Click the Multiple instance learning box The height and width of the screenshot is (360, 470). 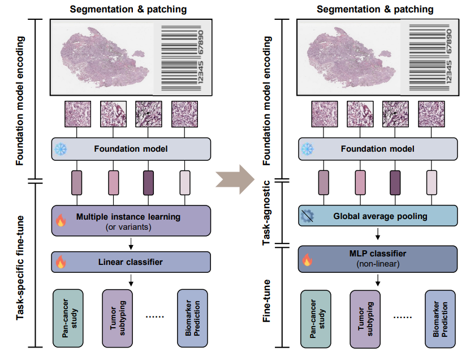pyautogui.click(x=131, y=221)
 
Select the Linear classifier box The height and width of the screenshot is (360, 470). pyautogui.click(x=131, y=262)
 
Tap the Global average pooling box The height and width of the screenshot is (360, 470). pyautogui.click(x=378, y=216)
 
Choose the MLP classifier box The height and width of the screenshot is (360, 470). pyautogui.click(x=378, y=259)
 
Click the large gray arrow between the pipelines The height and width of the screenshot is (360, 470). pyautogui.click(x=235, y=179)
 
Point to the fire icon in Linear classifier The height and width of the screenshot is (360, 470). pyautogui.click(x=61, y=262)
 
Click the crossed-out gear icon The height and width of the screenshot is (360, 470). pyautogui.click(x=307, y=216)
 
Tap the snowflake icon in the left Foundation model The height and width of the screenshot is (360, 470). pyautogui.click(x=61, y=149)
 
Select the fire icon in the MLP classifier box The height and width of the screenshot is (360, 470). pyautogui.click(x=307, y=260)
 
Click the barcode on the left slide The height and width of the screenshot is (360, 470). pyautogui.click(x=182, y=58)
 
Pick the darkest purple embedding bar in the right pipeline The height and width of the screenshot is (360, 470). pyautogui.click(x=395, y=183)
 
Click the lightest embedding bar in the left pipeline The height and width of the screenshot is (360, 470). pyautogui.click(x=184, y=183)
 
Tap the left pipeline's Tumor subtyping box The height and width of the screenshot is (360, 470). pyautogui.click(x=118, y=318)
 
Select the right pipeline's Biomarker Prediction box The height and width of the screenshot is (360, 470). pyautogui.click(x=440, y=319)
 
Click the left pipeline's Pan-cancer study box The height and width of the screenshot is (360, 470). pyautogui.click(x=68, y=318)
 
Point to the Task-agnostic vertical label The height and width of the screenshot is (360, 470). pyautogui.click(x=266, y=213)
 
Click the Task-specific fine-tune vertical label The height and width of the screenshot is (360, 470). pyautogui.click(x=20, y=268)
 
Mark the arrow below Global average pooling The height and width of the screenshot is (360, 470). pyautogui.click(x=378, y=234)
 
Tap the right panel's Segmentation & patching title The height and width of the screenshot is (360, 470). pyautogui.click(x=375, y=9)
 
